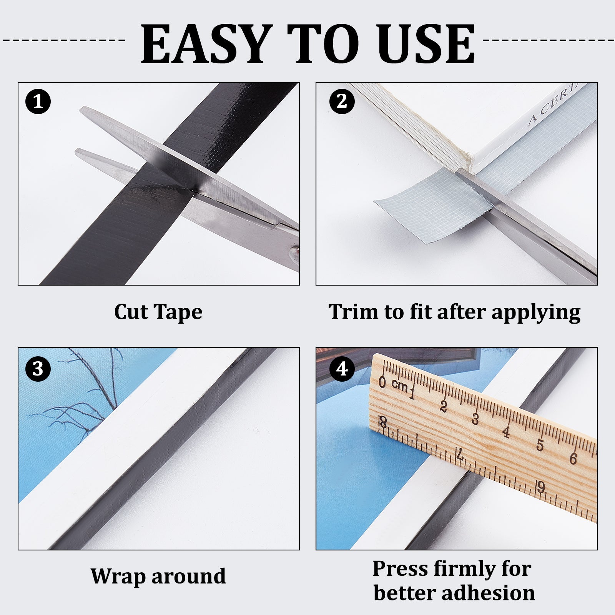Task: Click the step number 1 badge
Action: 38,101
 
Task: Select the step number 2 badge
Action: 342,101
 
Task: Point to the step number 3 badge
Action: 38,369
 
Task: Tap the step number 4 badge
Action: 342,369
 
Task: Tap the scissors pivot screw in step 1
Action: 295,254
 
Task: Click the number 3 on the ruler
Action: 475,419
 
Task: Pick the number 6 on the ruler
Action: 573,458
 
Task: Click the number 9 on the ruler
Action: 541,487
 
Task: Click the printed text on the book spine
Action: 553,105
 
